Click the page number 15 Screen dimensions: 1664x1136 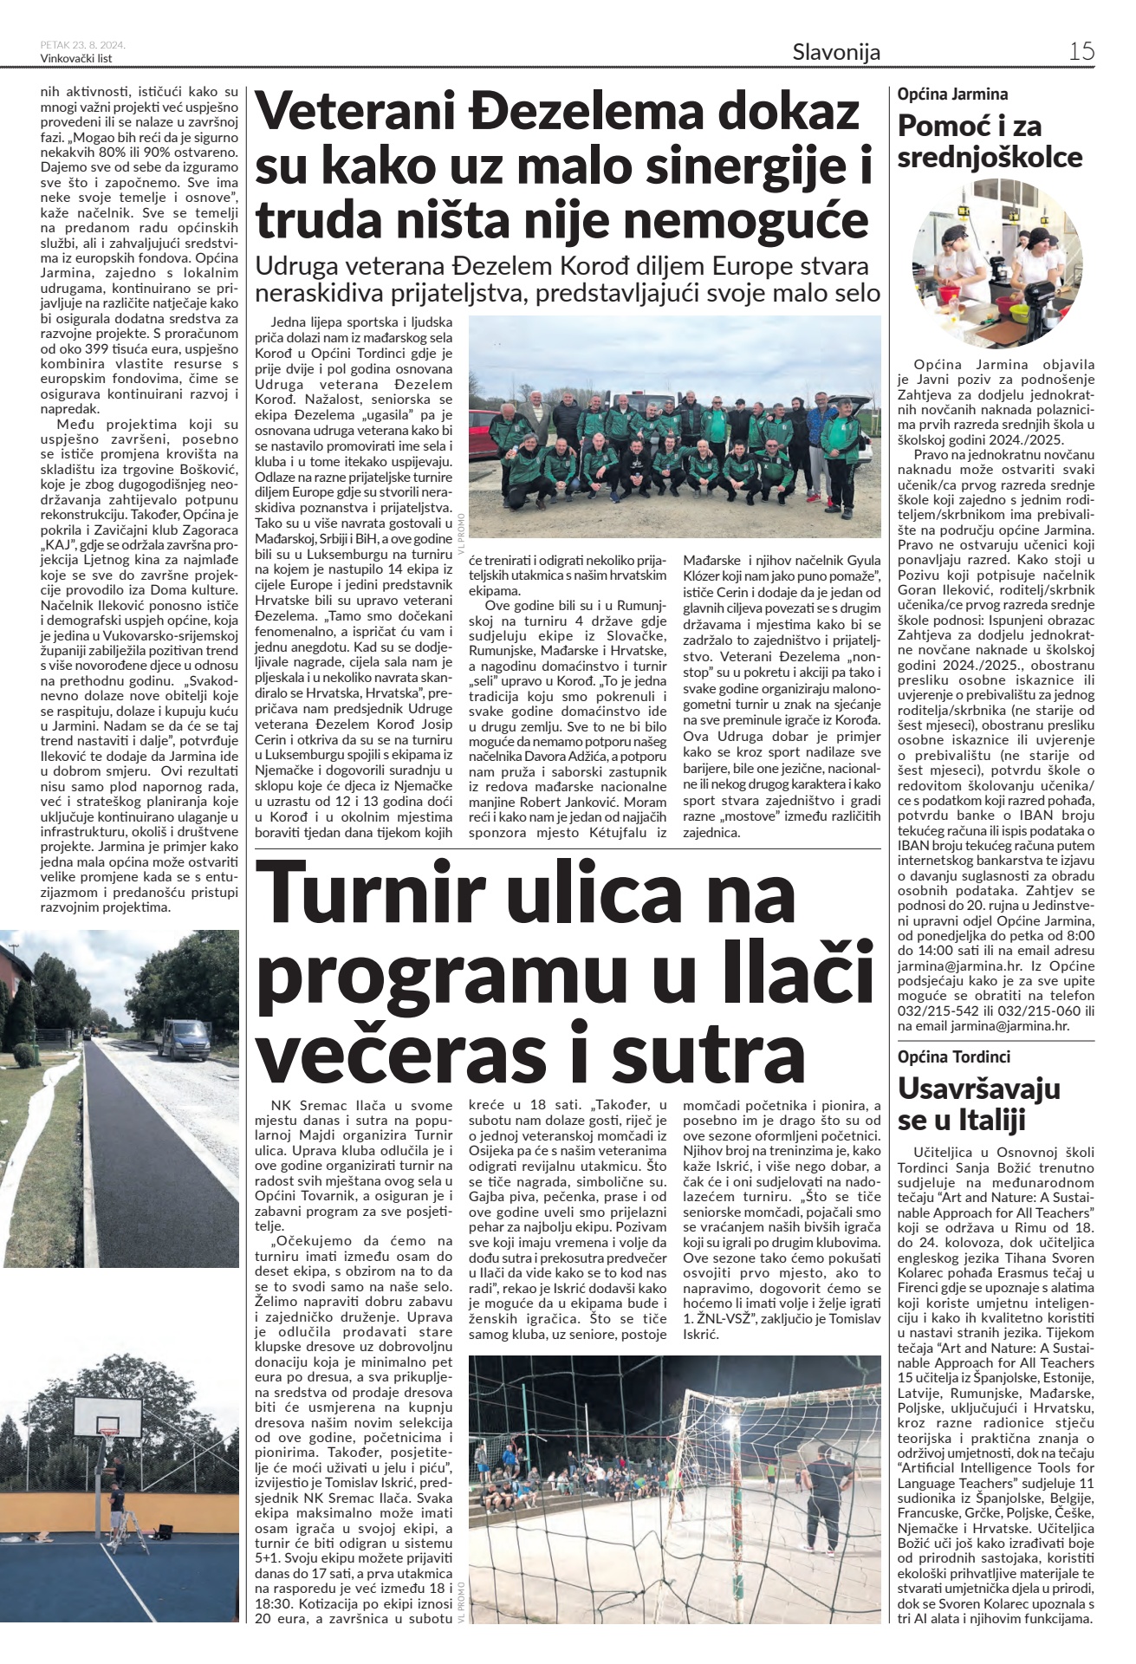pyautogui.click(x=1081, y=51)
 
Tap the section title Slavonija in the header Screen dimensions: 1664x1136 pyautogui.click(x=836, y=52)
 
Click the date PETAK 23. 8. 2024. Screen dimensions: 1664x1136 pyautogui.click(x=83, y=45)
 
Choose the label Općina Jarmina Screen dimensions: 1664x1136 pyautogui.click(x=952, y=94)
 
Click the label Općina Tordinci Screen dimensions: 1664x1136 pyautogui.click(x=953, y=1056)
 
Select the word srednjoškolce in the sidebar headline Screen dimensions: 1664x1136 pyautogui.click(x=990, y=158)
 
